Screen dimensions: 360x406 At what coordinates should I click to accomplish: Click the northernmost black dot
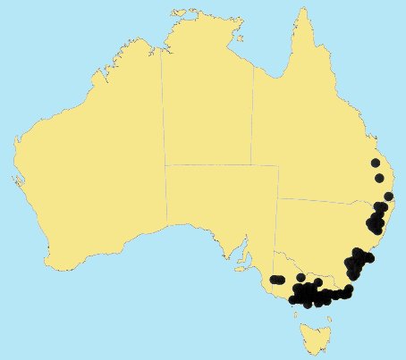coord(375,163)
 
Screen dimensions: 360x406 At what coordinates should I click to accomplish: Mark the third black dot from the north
coord(388,197)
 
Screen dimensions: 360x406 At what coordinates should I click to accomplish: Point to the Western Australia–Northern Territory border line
coord(163,107)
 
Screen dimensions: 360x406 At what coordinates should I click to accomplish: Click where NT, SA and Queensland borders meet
coord(253,165)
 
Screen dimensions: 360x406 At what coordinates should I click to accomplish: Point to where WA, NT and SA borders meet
coord(165,165)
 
